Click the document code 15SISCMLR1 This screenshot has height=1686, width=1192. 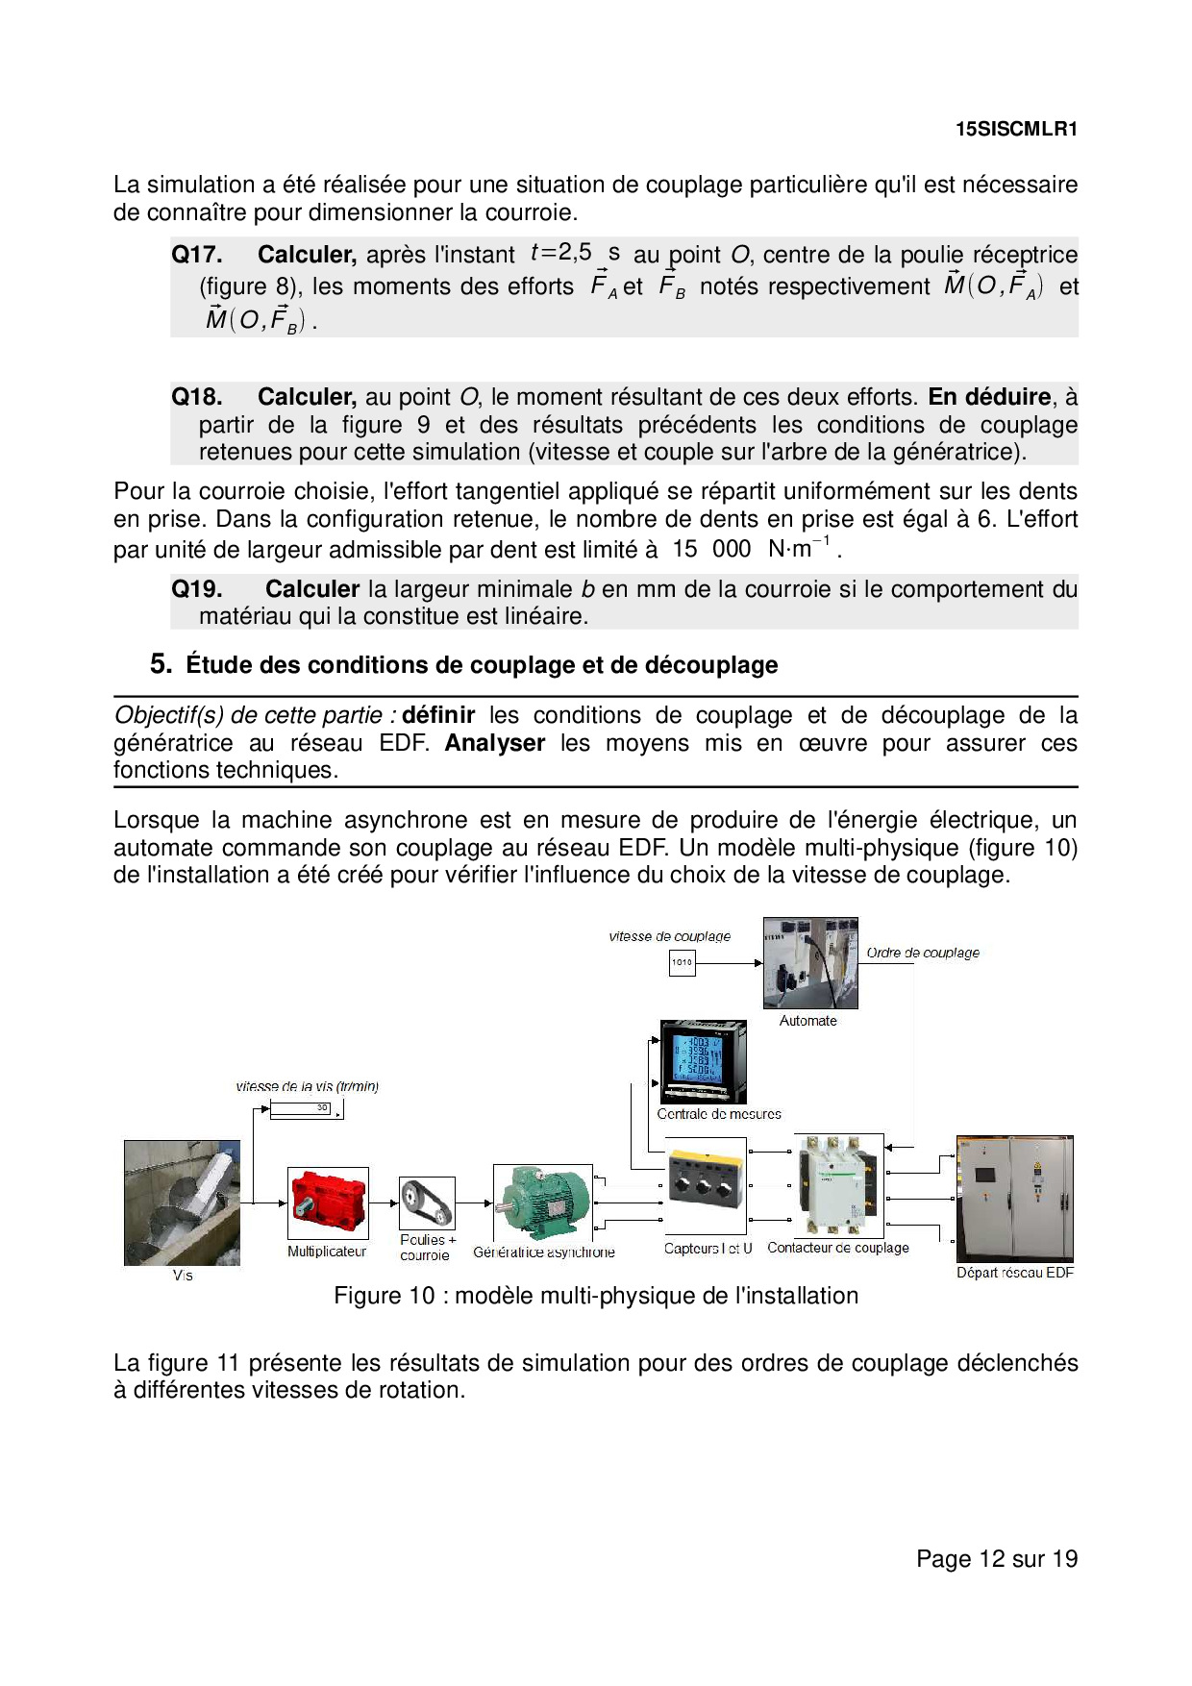1016,129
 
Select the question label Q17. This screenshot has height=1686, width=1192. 197,255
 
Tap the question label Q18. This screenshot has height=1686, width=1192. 197,397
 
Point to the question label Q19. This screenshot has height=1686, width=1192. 197,589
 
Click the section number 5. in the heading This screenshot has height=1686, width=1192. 161,664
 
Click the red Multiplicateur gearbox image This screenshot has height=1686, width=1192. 328,1203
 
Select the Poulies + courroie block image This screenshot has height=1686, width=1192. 427,1203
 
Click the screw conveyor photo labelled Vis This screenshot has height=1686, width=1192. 182,1203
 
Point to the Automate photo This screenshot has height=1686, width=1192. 810,963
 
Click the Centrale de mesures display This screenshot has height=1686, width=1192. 704,1062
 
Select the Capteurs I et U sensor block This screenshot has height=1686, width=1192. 707,1187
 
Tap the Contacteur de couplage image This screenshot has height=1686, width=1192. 839,1184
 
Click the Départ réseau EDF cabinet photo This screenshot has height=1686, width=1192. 1015,1199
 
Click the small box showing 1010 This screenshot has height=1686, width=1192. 682,962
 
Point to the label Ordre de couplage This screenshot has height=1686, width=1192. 923,953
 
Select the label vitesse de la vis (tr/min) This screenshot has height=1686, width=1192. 308,1086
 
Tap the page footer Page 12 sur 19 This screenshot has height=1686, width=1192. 997,1558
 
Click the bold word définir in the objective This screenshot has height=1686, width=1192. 438,715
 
